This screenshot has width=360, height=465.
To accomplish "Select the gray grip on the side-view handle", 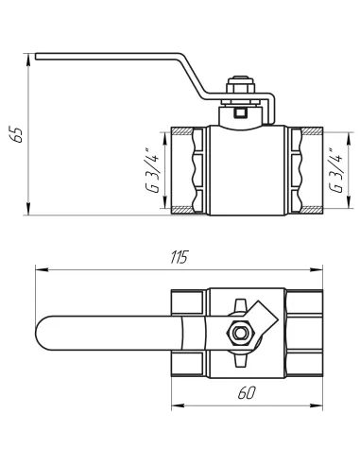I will tap(105, 47).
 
